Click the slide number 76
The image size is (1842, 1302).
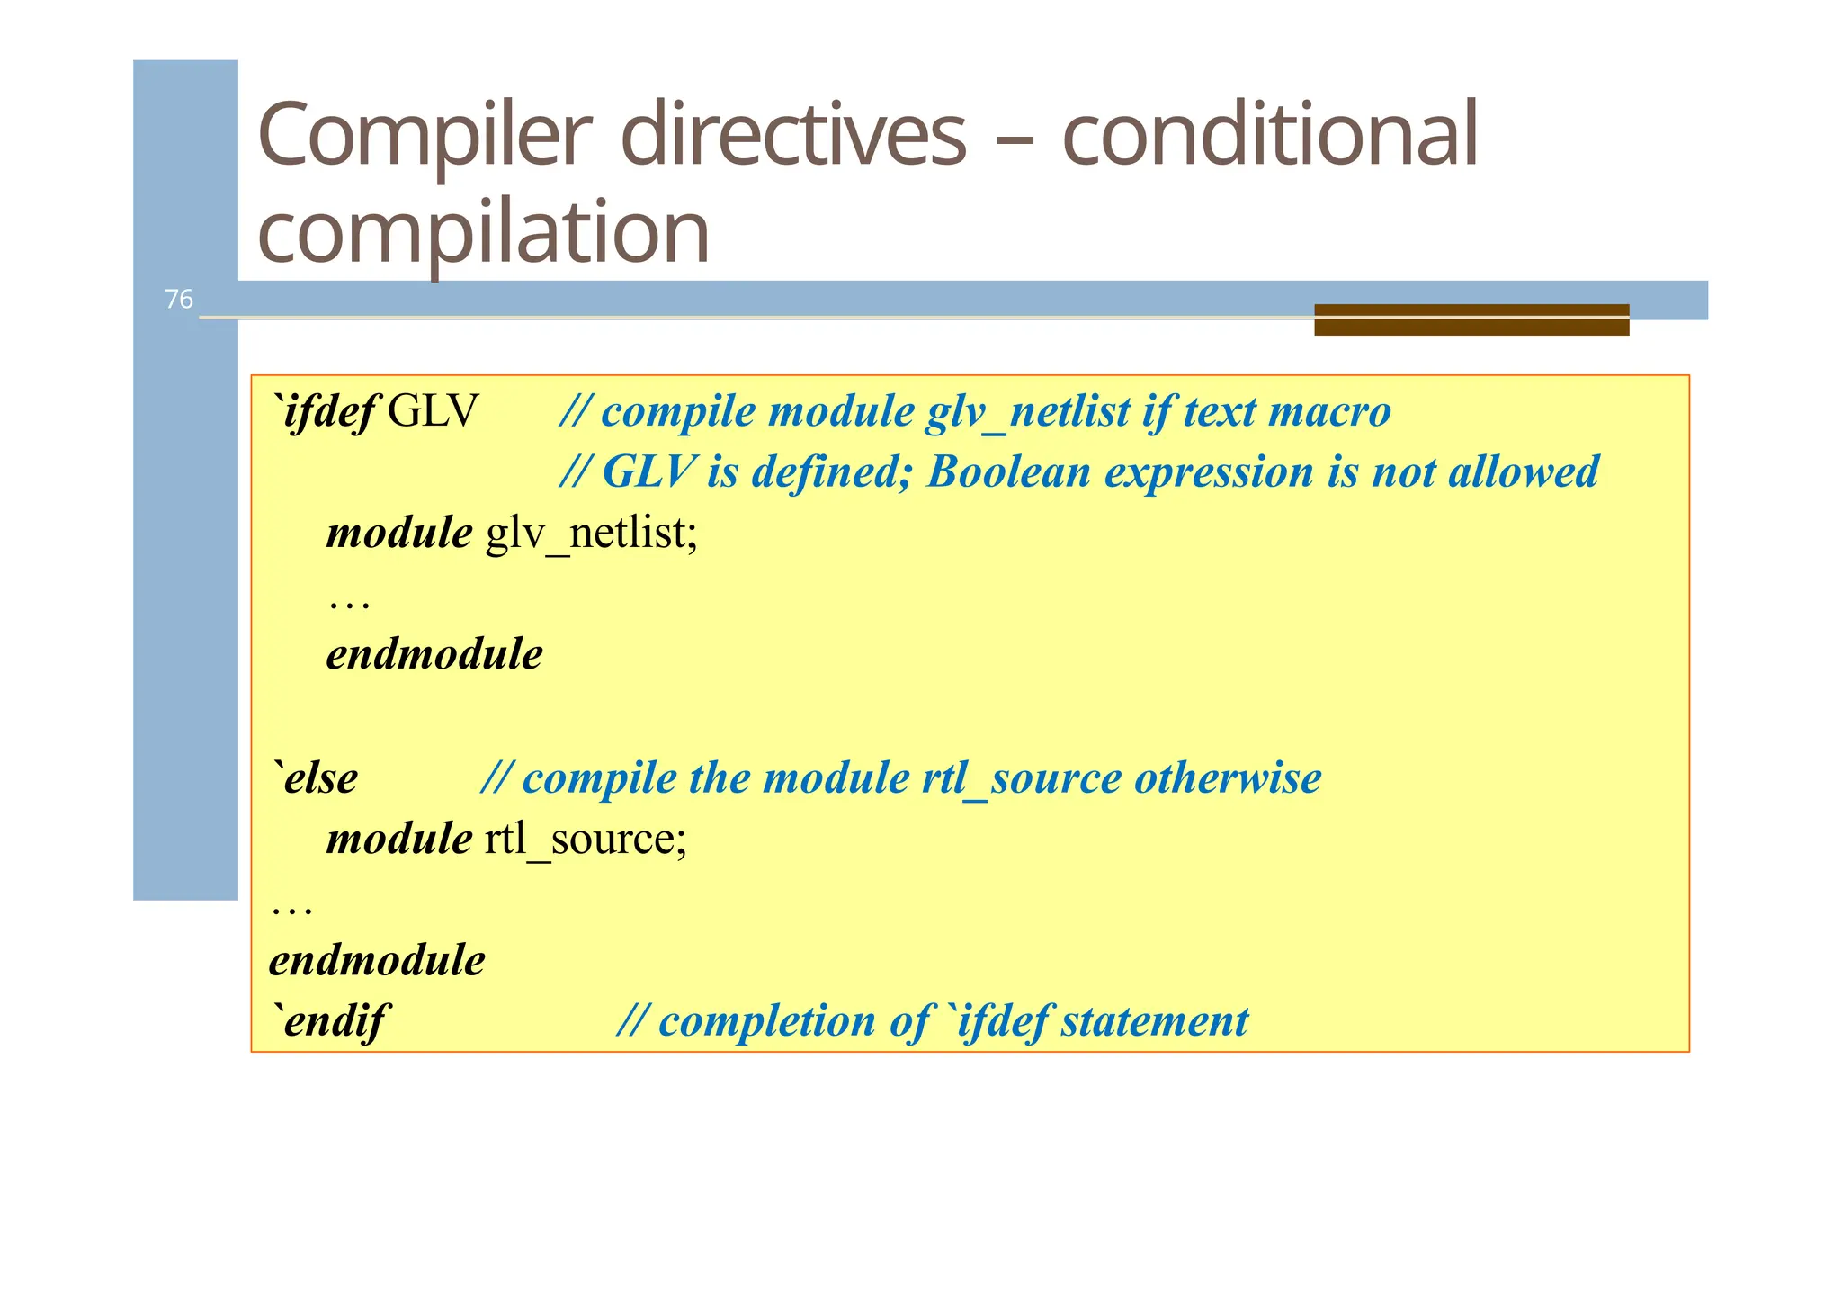pos(178,299)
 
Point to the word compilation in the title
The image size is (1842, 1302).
pos(483,234)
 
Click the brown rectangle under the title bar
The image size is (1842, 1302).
pos(1471,320)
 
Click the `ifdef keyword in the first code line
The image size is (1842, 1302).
pos(326,412)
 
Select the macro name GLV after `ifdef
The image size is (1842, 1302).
pos(433,412)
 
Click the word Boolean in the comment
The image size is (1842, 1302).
pos(1007,471)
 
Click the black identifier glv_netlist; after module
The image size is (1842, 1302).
pos(591,533)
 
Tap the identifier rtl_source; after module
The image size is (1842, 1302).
pos(586,839)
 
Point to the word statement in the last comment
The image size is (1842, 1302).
pos(1154,1021)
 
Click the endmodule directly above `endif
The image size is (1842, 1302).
pos(377,960)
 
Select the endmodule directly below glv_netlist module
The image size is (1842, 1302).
pos(434,654)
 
